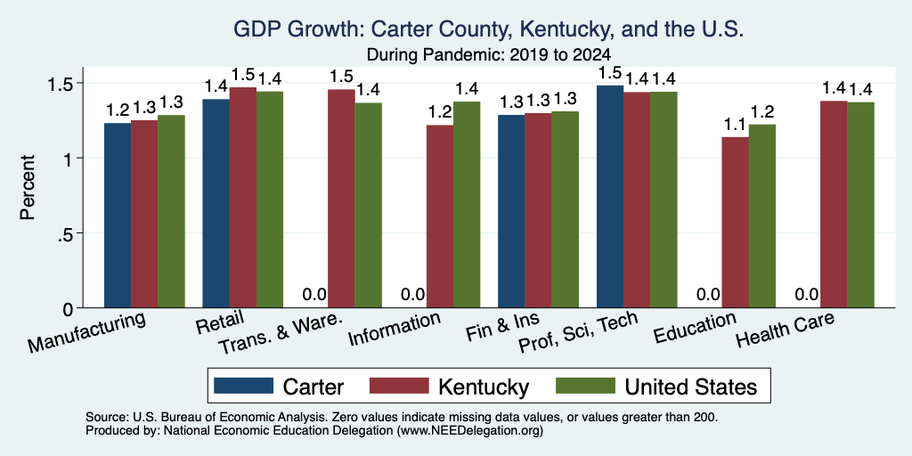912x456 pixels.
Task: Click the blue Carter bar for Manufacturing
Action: coord(118,216)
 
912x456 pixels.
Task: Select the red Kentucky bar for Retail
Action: coord(242,197)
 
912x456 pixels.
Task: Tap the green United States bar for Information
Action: coord(467,205)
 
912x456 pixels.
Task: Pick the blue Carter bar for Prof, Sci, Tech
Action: coord(610,197)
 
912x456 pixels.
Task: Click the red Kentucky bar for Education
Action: coord(735,222)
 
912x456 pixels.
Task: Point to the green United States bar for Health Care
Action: coord(861,205)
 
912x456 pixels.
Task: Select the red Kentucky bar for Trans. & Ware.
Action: coord(341,199)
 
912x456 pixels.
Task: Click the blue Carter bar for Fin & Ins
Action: coord(511,211)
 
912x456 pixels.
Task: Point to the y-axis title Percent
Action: coord(28,187)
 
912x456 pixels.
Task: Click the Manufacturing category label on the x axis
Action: coord(86,332)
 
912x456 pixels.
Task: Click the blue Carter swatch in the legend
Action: coord(244,387)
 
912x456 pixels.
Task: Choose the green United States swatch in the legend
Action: coord(585,387)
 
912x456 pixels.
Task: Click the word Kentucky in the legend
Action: coord(484,387)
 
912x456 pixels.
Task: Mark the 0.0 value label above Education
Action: coord(708,294)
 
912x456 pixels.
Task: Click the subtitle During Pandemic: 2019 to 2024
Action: coord(489,55)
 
